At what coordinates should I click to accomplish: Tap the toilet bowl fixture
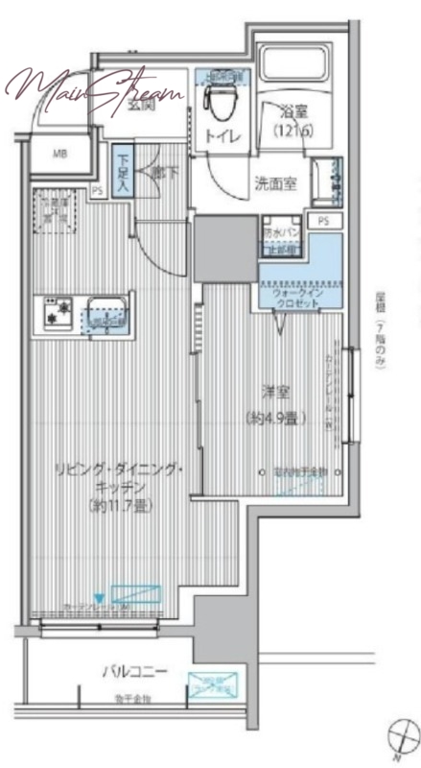tap(221, 97)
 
